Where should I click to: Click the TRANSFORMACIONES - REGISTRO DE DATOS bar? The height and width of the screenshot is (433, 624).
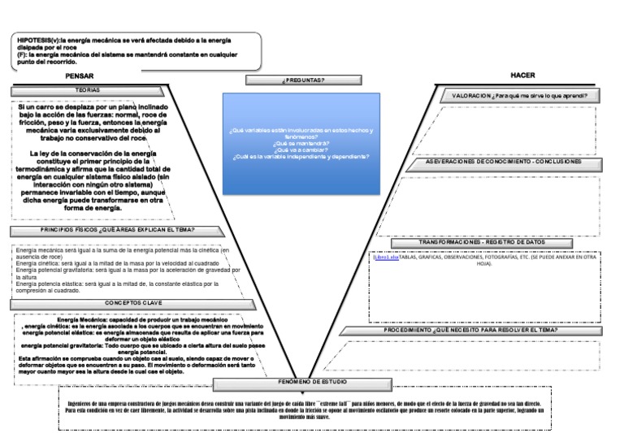(x=483, y=242)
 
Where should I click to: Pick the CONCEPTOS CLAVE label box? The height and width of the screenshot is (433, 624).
(x=122, y=303)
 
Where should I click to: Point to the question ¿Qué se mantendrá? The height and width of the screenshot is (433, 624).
(x=301, y=143)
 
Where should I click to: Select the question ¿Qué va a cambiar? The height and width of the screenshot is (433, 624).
(x=301, y=149)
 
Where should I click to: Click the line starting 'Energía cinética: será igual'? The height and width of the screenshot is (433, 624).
(x=106, y=264)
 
